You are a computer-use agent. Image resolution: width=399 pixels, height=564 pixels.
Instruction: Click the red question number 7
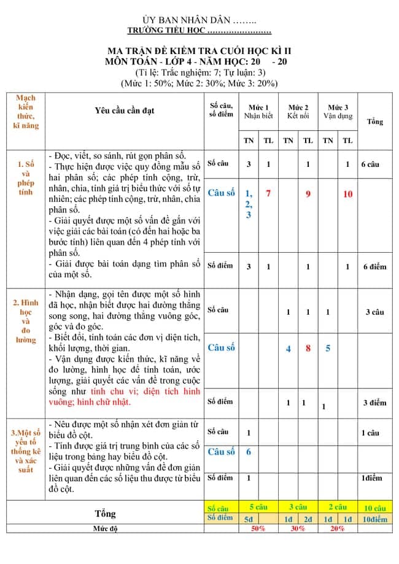pos(268,194)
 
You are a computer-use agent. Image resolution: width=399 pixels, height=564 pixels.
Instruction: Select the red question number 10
pos(348,194)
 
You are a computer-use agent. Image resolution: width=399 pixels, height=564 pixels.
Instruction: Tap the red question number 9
pos(308,194)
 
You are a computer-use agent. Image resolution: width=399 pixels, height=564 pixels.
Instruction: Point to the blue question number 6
pos(249,452)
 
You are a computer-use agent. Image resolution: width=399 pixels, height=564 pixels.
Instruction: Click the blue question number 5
pos(328,348)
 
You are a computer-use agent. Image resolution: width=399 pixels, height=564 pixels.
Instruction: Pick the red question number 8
pos(308,348)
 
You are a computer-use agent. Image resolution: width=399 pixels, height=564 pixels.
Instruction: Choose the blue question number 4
pos(289,349)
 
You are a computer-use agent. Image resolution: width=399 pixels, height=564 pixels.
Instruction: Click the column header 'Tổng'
pos(375,122)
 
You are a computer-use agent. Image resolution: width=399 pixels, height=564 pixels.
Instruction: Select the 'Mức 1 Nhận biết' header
pos(258,111)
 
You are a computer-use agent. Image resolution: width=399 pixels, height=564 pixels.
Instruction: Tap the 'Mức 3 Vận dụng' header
pos(338,111)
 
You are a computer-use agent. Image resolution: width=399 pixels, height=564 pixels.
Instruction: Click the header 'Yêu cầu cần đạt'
pos(125,110)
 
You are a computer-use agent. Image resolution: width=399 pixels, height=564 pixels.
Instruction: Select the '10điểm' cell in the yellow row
pos(374,519)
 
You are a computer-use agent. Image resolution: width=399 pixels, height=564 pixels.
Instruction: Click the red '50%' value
pos(258,528)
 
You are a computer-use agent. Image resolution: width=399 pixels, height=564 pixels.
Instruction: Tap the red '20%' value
pos(337,528)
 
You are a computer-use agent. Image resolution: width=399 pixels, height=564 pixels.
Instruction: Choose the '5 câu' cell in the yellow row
pos(258,508)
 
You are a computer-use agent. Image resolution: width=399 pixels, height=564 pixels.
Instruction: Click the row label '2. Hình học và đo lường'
pos(26,321)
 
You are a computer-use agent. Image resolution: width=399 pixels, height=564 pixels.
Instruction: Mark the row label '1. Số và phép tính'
pos(26,178)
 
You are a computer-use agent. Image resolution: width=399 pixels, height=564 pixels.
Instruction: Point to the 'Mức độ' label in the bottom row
pos(105,528)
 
